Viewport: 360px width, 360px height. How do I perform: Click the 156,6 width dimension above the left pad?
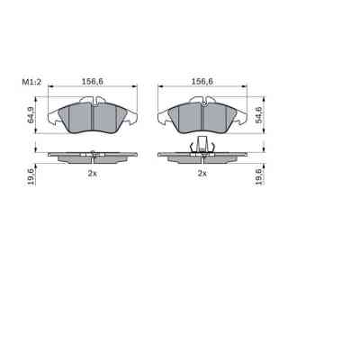pos(90,83)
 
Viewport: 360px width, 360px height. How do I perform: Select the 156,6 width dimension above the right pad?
pos(202,83)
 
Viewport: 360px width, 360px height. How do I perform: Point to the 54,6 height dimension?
pos(259,114)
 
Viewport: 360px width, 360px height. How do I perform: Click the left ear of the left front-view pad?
pos(52,115)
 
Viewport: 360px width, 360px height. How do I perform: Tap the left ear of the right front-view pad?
pos(163,115)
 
